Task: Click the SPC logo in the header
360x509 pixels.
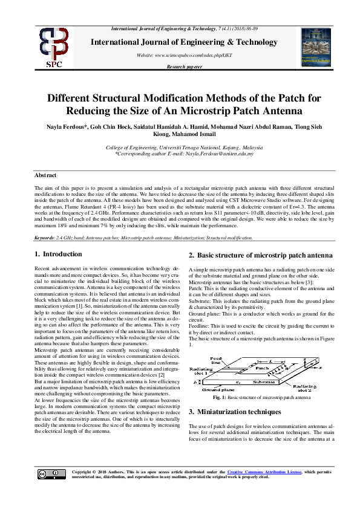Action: point(54,48)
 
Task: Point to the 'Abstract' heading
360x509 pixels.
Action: point(45,175)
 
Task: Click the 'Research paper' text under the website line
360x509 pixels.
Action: point(185,66)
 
